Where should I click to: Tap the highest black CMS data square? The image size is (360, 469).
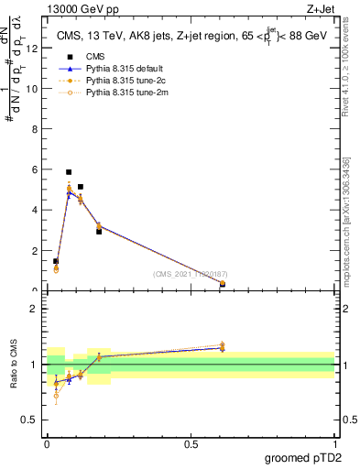pos(69,172)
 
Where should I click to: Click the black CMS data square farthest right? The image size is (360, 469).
pos(223,284)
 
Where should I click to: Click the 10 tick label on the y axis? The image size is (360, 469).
pos(36,89)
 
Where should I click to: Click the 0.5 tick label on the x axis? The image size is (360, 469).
pos(191,444)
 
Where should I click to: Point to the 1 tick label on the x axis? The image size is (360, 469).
pos(334,444)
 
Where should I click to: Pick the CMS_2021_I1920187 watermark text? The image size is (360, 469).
pos(190,274)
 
